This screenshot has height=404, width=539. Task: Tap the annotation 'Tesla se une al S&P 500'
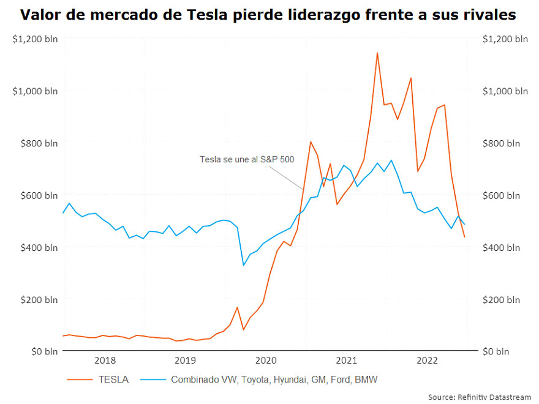[x=247, y=159]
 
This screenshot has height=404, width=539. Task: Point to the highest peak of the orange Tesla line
[x=377, y=53]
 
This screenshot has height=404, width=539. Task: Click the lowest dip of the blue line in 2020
[x=243, y=265]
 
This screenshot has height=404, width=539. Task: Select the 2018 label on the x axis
[x=105, y=361]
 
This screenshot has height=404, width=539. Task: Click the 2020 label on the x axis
[x=266, y=361]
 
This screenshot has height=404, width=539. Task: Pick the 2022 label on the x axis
[x=427, y=361]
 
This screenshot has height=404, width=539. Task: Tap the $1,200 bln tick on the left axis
[x=35, y=39]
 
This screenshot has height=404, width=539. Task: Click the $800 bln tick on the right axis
[x=505, y=143]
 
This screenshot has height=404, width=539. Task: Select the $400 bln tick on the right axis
[x=505, y=247]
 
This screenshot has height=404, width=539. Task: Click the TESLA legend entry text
[x=113, y=380]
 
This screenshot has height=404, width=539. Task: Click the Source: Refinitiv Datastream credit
[x=479, y=397]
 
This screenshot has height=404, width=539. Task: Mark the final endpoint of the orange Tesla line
[x=465, y=238]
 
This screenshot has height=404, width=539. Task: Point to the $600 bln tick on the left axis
[x=35, y=195]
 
